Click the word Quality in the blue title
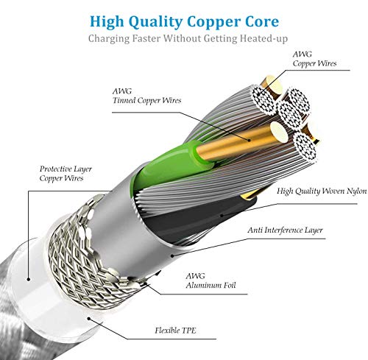pyautogui.click(x=155, y=22)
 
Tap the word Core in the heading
pyautogui.click(x=262, y=21)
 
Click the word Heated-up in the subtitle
pyautogui.click(x=263, y=39)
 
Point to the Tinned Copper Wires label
pyautogui.click(x=146, y=100)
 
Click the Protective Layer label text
pyautogui.click(x=66, y=169)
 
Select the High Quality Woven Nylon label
pyautogui.click(x=322, y=191)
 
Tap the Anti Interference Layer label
pyautogui.click(x=285, y=230)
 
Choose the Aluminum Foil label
pyautogui.click(x=210, y=285)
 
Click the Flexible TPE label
pyautogui.click(x=175, y=331)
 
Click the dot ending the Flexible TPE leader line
pyautogui.click(x=89, y=319)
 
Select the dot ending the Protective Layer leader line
pyautogui.click(x=29, y=279)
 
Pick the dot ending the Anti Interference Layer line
pyautogui.click(x=172, y=256)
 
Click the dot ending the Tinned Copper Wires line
pyautogui.click(x=250, y=140)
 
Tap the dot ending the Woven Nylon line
pyautogui.click(x=222, y=216)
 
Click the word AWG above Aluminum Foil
pyautogui.click(x=195, y=276)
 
